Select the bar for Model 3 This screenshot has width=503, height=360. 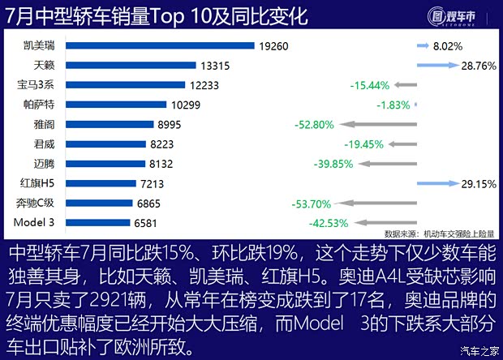click(97, 222)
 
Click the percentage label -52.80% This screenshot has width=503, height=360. click(313, 124)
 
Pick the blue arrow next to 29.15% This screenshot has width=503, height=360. click(445, 183)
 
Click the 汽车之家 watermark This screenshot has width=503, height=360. click(479, 349)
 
